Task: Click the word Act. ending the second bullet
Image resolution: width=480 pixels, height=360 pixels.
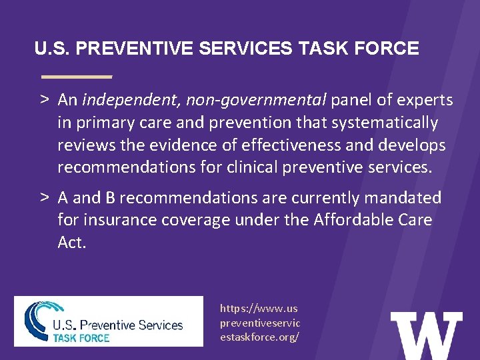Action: pyautogui.click(x=72, y=242)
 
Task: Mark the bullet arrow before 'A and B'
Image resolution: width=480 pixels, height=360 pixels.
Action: pyautogui.click(x=42, y=198)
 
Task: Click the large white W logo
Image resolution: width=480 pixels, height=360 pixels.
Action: pyautogui.click(x=426, y=335)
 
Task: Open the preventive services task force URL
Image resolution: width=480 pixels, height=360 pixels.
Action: pyautogui.click(x=260, y=323)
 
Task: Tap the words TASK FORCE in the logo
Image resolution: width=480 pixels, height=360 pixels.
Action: pyautogui.click(x=81, y=338)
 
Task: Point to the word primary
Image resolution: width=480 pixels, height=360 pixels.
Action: pyautogui.click(x=101, y=123)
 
